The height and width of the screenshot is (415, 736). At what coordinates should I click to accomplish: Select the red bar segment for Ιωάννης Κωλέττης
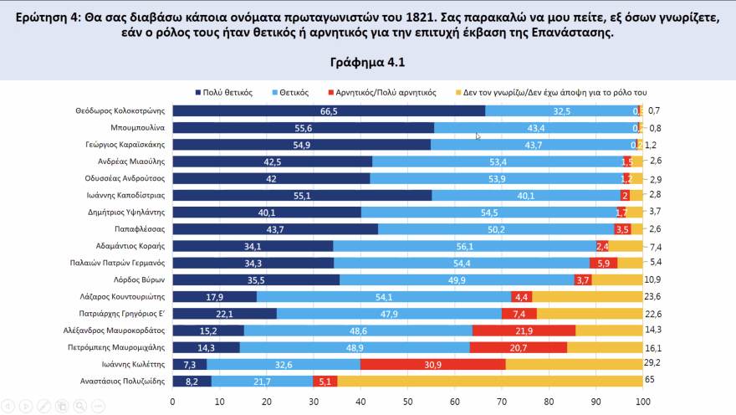(x=433, y=364)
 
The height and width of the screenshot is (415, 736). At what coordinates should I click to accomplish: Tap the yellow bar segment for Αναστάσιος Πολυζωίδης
(x=489, y=381)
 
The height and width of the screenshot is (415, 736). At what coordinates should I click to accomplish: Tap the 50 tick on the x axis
(x=407, y=402)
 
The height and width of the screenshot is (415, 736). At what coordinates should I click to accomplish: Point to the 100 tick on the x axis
(x=642, y=402)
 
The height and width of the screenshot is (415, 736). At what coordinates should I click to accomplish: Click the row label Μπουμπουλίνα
(x=142, y=128)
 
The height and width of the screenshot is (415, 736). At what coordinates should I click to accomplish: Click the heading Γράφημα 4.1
(x=367, y=62)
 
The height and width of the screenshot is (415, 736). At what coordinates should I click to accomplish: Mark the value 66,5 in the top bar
(x=329, y=111)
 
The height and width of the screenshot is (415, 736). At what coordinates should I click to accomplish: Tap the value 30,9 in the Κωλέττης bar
(x=433, y=364)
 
